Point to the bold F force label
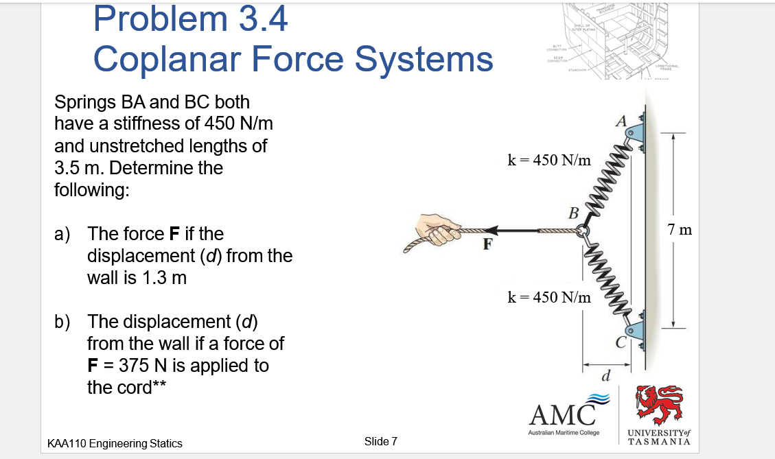click(487, 244)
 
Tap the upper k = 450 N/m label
click(548, 161)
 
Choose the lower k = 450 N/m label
click(548, 297)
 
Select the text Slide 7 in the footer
click(380, 441)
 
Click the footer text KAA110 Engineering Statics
click(114, 443)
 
